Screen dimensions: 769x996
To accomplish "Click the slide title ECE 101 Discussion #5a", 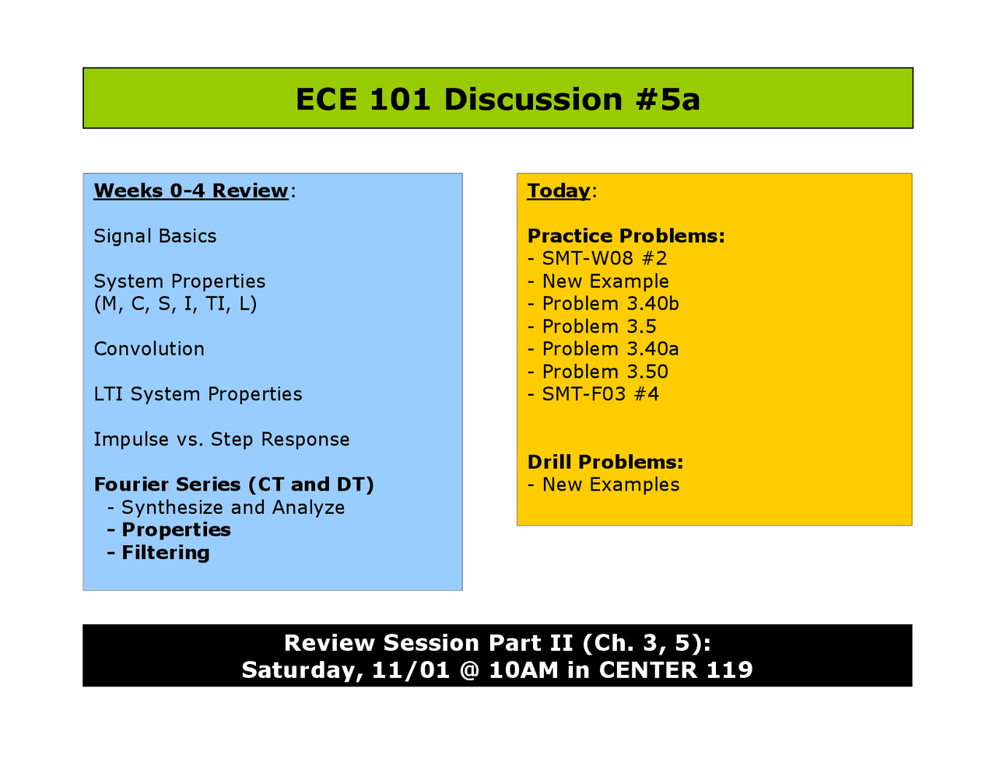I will (x=497, y=100).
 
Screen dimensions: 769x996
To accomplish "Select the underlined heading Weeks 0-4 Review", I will (x=191, y=191).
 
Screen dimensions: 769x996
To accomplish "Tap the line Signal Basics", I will (x=155, y=236).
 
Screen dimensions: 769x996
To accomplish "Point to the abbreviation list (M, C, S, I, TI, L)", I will (x=175, y=304).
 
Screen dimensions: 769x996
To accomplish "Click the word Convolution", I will (x=149, y=349).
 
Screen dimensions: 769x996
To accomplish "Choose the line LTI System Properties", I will (x=198, y=394).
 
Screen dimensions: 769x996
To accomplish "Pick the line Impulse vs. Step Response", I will (x=221, y=439).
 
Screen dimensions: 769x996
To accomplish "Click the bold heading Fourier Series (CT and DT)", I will (x=233, y=484).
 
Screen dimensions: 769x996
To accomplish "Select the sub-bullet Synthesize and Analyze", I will (x=232, y=508).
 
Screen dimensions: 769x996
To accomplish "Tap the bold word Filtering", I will (x=165, y=553).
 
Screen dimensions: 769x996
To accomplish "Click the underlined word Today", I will (x=558, y=191).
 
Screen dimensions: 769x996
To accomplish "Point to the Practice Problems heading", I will (x=626, y=236).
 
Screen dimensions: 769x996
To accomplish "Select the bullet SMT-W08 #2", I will (x=604, y=259).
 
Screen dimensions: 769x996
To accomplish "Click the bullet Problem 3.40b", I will (x=610, y=304).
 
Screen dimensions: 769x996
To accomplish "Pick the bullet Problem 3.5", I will (x=598, y=327).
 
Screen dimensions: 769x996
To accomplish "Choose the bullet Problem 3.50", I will (x=605, y=372).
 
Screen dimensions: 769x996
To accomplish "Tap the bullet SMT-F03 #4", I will (x=600, y=394).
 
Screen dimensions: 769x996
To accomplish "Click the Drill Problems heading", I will (x=605, y=462).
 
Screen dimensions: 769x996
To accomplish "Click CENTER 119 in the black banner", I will (x=675, y=670).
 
